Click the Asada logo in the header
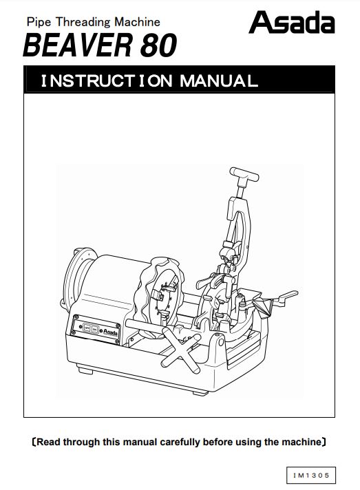click(x=292, y=22)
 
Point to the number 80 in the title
click(x=158, y=45)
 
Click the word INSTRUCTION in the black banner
click(x=107, y=81)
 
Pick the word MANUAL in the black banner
click(x=219, y=81)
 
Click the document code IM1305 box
click(x=311, y=476)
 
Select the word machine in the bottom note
click(x=301, y=443)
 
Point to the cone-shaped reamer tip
click(x=262, y=307)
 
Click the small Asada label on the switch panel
click(x=110, y=332)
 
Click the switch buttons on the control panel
click(x=91, y=329)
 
